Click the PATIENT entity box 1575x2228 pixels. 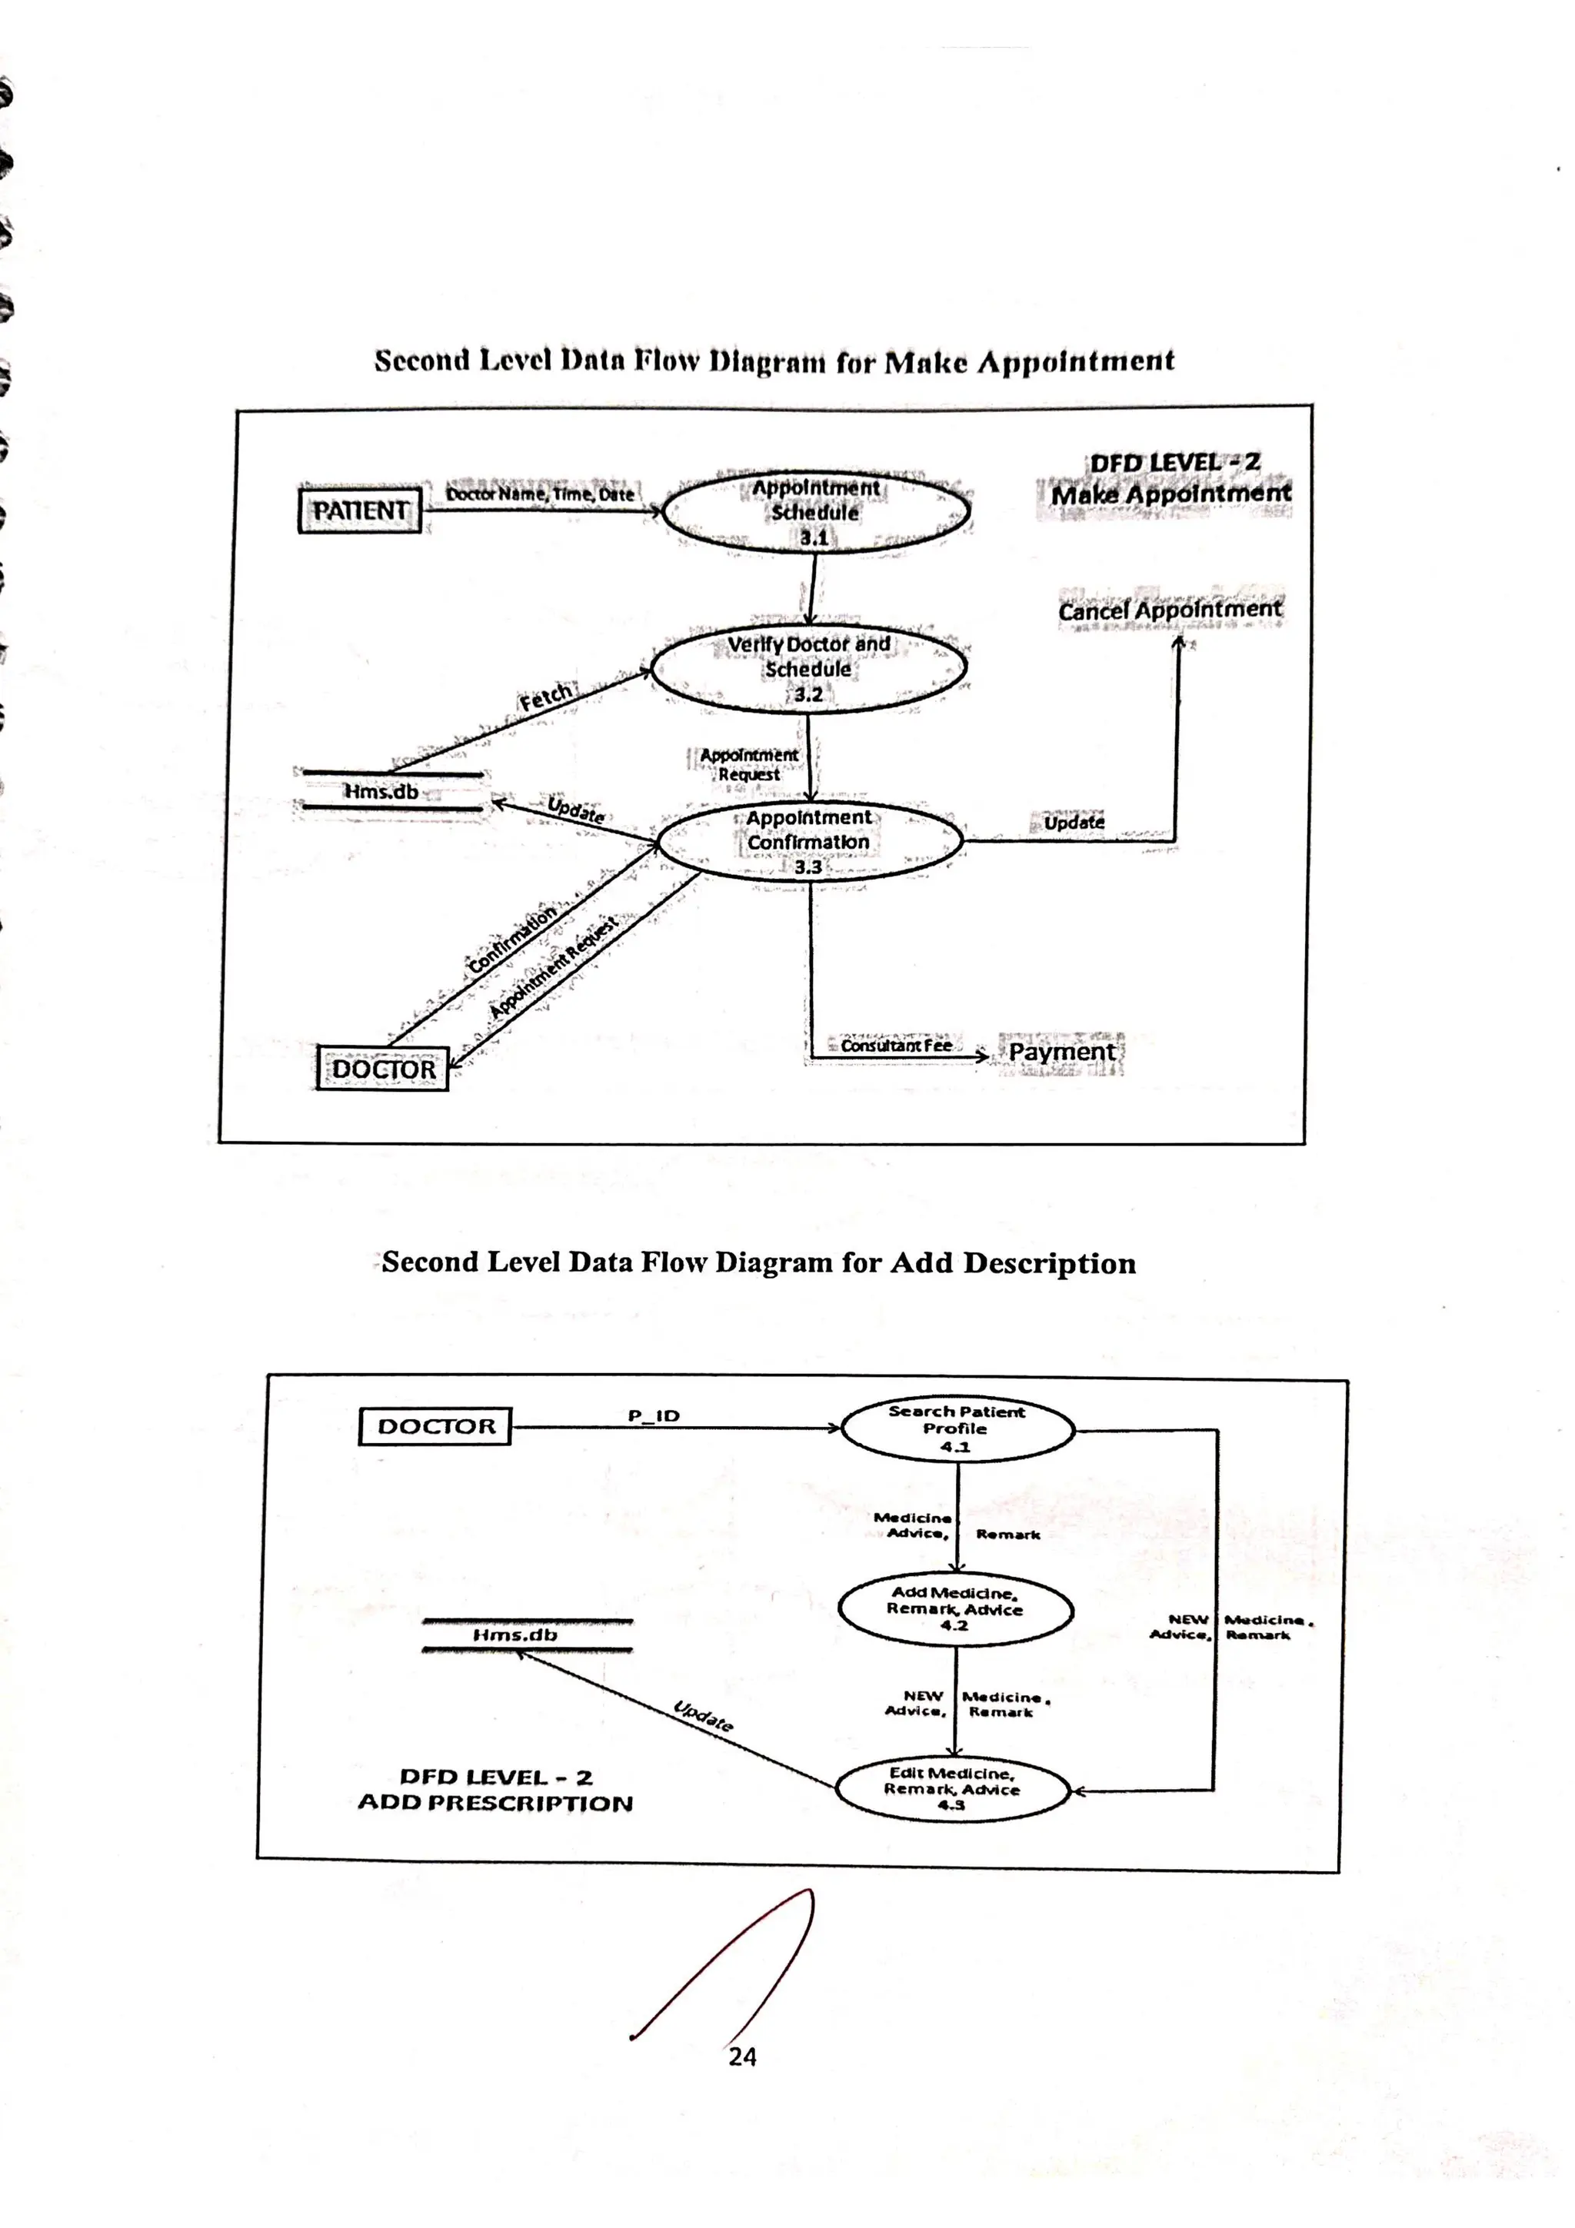(x=359, y=510)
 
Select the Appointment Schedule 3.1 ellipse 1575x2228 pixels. (x=815, y=511)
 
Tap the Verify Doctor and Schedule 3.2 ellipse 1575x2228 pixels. (x=808, y=669)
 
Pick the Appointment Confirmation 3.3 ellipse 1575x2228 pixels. (x=808, y=841)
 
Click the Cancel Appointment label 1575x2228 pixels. (x=1170, y=610)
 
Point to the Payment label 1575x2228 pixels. (x=1061, y=1052)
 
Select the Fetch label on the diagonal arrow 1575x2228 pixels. (x=545, y=697)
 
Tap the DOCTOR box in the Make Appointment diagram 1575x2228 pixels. (x=383, y=1069)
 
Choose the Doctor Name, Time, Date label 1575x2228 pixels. (x=540, y=494)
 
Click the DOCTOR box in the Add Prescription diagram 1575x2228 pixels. (x=436, y=1426)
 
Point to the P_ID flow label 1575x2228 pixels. (x=654, y=1416)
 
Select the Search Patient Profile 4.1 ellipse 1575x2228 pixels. (x=956, y=1428)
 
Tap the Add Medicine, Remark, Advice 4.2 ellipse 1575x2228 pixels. (x=955, y=1608)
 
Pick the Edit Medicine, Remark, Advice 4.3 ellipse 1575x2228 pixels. (x=951, y=1788)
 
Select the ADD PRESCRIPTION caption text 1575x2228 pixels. (x=496, y=1803)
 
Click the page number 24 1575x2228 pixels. (x=742, y=2057)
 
